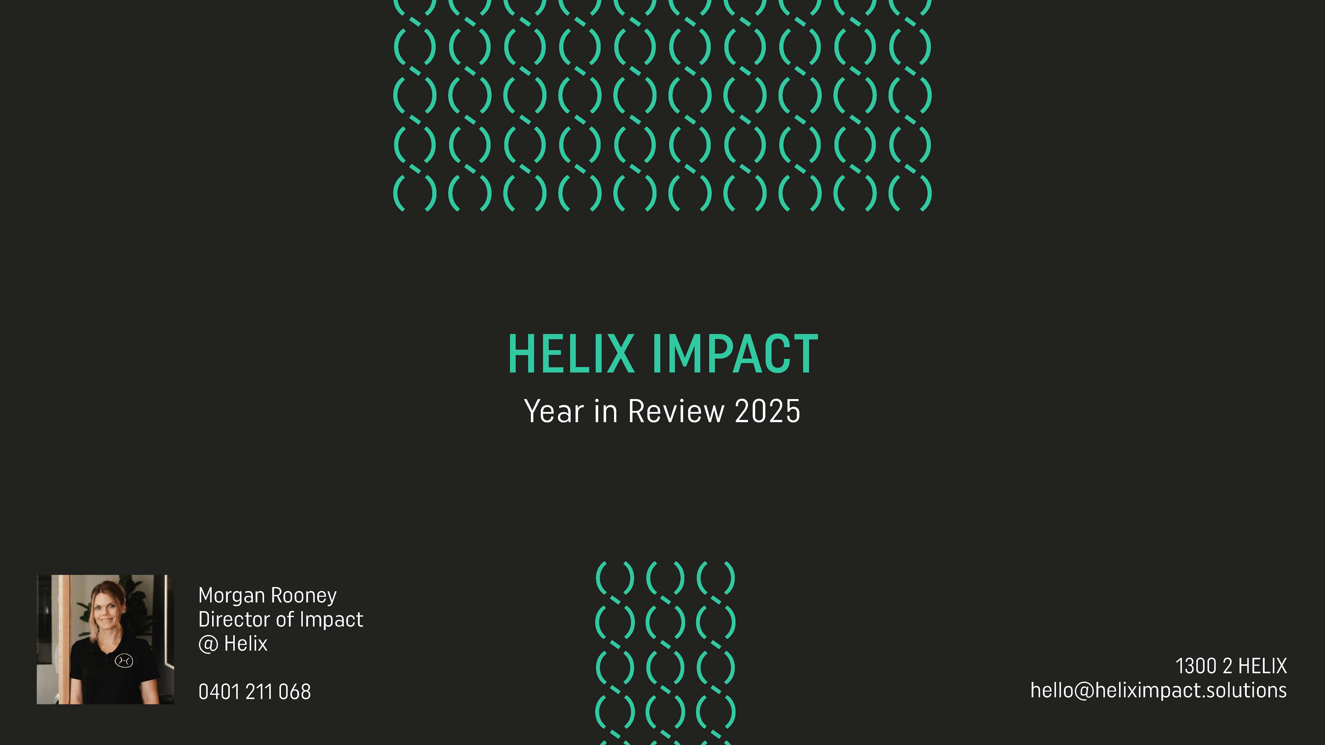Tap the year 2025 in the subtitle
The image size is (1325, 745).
pos(767,411)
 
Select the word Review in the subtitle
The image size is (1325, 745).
pos(676,411)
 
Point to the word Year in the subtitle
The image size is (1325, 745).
pos(554,411)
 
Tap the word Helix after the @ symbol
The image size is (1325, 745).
pos(246,644)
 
